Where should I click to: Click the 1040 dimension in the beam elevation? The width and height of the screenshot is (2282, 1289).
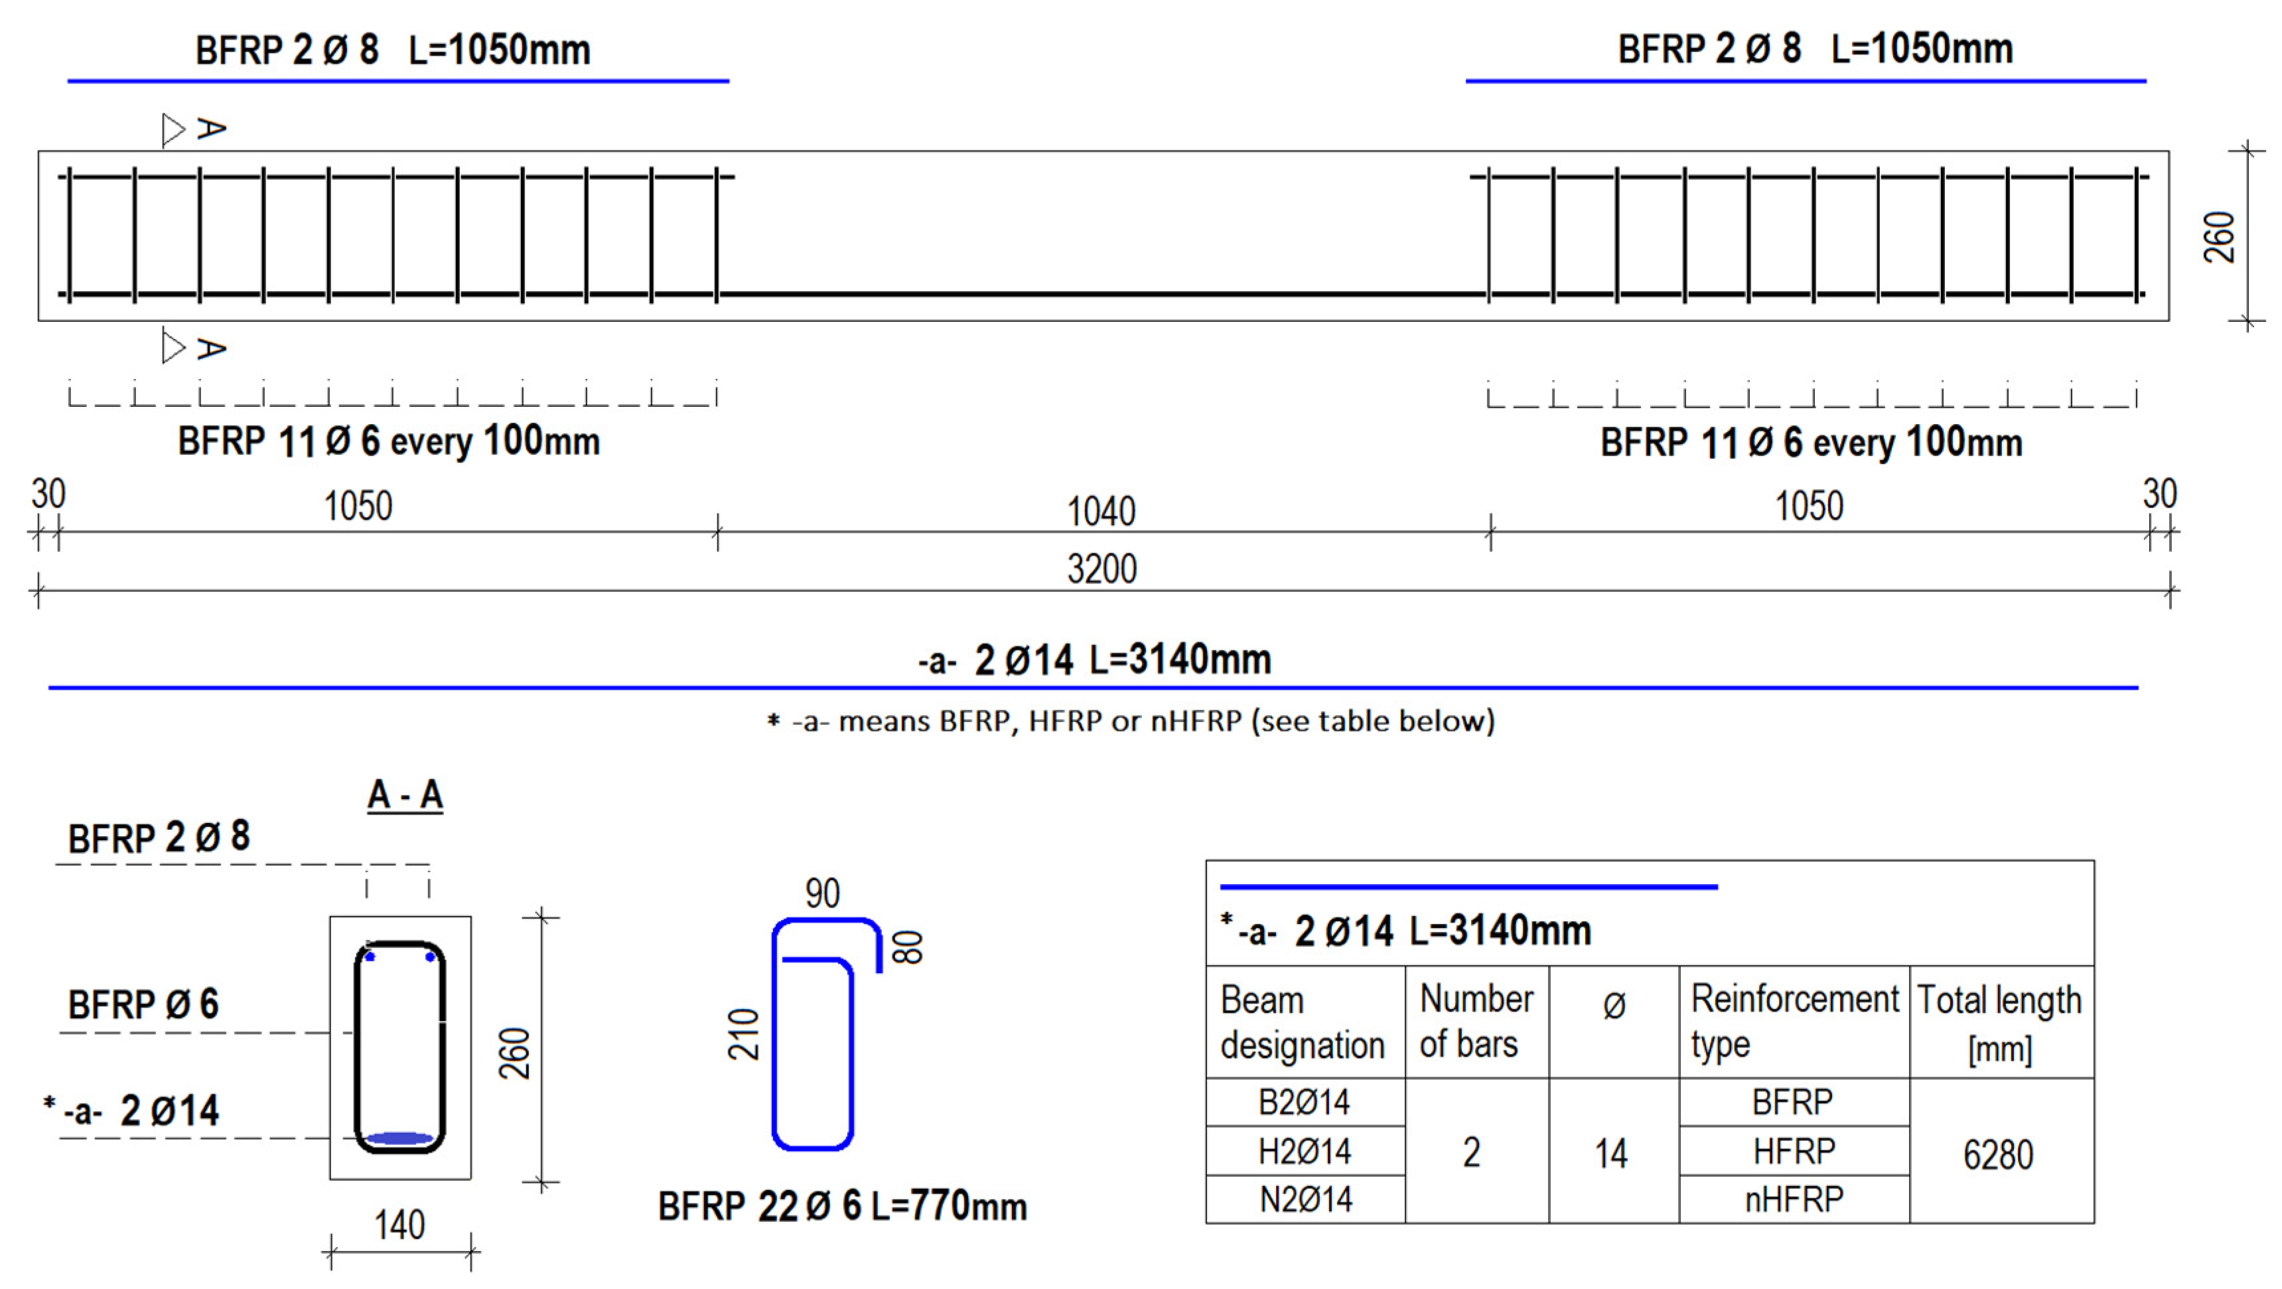pos(1100,511)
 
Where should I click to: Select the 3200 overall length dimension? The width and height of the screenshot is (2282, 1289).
pos(1101,569)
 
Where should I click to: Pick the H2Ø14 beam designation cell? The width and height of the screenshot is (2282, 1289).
pos(1304,1152)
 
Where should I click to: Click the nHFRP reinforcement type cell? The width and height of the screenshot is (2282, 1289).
pos(1793,1199)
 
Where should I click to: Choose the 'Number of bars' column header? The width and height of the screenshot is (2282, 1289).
pos(1476,1022)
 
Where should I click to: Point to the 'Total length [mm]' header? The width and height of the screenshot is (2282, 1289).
pos(1999,1022)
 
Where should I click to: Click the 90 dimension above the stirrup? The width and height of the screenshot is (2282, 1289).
pos(822,893)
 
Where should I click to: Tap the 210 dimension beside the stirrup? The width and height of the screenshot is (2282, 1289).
pos(744,1035)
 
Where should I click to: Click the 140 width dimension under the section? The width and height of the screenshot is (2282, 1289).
pos(399,1225)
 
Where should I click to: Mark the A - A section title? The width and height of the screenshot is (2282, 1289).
pos(405,795)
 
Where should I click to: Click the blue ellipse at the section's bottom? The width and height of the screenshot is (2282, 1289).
pos(399,1138)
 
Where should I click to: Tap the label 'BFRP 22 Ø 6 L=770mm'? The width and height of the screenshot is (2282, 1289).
pos(841,1207)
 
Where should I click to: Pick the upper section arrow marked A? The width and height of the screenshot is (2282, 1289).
pos(193,129)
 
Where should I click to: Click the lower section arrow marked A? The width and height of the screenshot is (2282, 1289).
pos(193,348)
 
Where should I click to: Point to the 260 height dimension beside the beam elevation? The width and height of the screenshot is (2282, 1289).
pos(2219,236)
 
